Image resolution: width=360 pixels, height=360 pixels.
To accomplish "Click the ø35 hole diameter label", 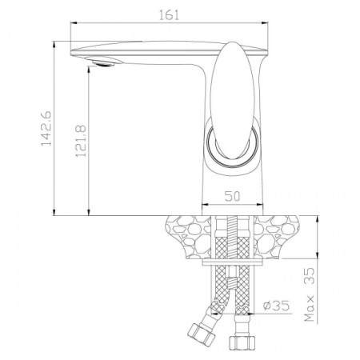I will click(274, 304).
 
